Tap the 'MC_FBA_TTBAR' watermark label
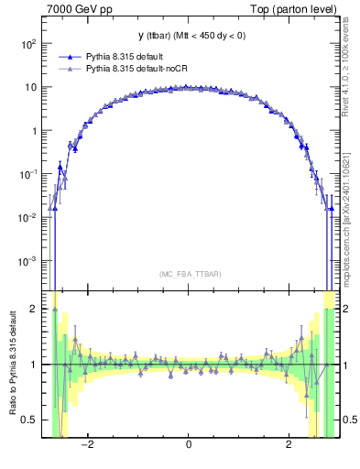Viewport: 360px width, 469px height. tap(190, 275)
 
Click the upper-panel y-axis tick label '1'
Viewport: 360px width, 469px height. tap(34, 131)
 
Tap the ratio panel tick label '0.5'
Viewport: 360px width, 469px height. tap(30, 420)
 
